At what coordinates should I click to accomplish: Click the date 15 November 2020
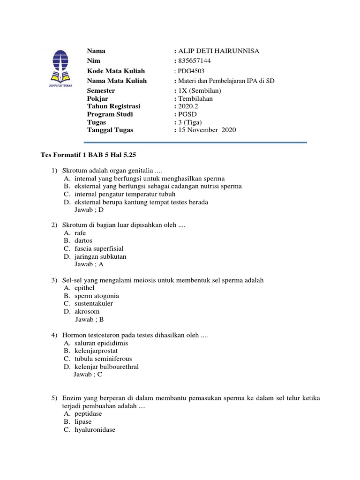pyautogui.click(x=207, y=130)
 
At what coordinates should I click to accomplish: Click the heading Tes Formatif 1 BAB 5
pyautogui.click(x=88, y=154)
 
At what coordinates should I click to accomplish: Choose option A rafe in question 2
pyautogui.click(x=80, y=233)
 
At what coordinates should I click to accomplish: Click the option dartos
pyautogui.click(x=83, y=241)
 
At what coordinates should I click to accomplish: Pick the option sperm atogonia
pyautogui.click(x=97, y=296)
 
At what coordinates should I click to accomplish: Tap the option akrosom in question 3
pyautogui.click(x=87, y=311)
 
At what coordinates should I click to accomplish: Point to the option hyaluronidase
pyautogui.click(x=95, y=429)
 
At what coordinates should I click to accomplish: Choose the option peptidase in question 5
pyautogui.click(x=88, y=414)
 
